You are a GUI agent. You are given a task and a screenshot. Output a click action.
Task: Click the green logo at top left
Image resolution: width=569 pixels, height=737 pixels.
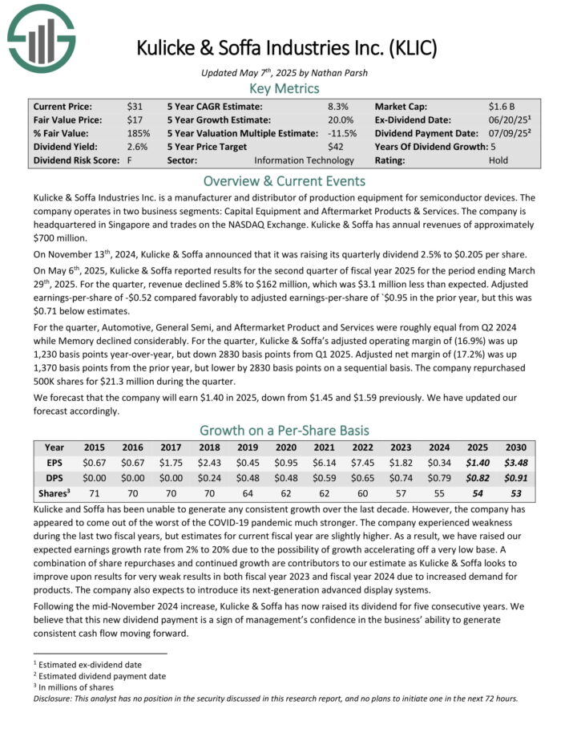(x=41, y=37)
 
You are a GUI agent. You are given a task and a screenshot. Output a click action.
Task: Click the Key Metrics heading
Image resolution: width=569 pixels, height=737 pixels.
(x=284, y=88)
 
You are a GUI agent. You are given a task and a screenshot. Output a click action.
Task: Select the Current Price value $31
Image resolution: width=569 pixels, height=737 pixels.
(x=135, y=106)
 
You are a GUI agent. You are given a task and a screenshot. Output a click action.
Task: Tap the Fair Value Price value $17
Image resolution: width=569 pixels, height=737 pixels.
(x=135, y=119)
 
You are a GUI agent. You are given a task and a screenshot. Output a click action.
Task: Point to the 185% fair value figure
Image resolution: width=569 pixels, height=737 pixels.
(x=139, y=133)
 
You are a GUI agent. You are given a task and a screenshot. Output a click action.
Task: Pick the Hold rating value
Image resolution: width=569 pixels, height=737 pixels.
(x=498, y=160)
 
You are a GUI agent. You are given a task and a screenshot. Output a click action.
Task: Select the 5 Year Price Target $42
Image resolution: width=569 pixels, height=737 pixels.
(x=337, y=147)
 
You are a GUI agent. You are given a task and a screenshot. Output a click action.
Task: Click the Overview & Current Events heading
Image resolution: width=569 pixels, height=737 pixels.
(x=284, y=180)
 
